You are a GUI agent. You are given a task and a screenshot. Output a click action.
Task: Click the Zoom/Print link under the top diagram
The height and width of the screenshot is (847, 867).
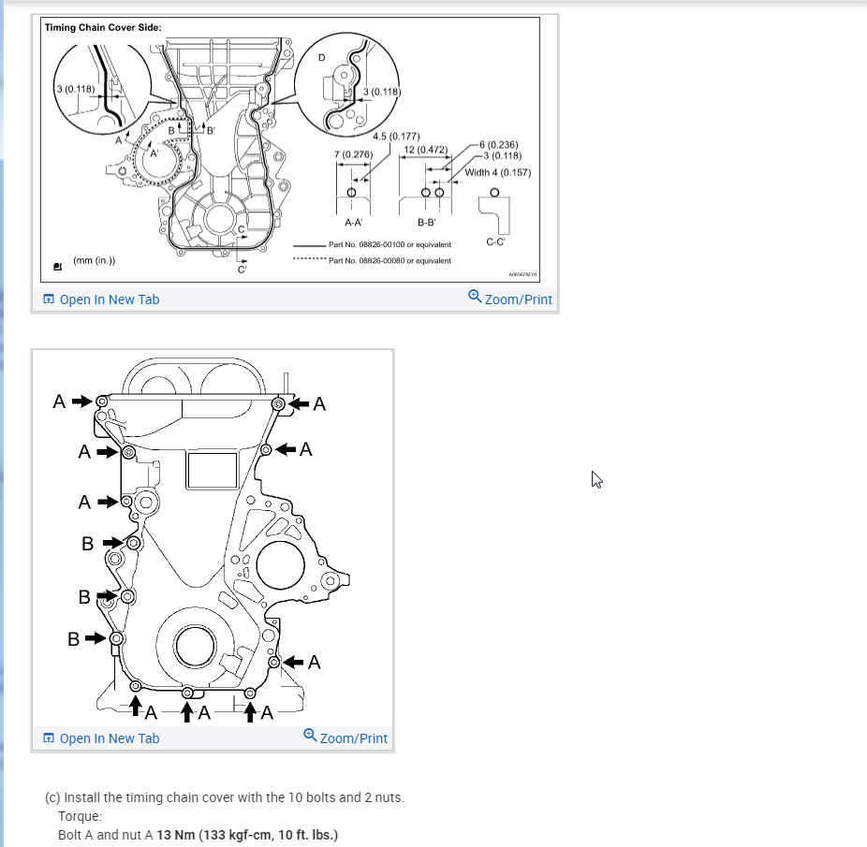510,299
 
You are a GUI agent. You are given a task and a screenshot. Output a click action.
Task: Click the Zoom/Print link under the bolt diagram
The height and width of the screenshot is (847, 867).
345,737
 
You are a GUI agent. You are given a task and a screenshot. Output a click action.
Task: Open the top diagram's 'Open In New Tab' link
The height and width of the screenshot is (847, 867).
101,299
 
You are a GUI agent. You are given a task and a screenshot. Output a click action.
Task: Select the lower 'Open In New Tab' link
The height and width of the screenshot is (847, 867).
101,738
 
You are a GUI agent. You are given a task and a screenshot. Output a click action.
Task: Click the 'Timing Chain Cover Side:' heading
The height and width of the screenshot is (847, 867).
103,27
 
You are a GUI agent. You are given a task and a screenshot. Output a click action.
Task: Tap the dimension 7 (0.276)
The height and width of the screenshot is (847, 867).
353,153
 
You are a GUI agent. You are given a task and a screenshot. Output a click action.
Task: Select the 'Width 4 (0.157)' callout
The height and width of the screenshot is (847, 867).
497,172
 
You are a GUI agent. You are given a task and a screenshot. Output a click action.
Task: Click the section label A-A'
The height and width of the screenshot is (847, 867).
353,223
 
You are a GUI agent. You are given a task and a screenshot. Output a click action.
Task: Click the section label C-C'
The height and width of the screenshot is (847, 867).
496,241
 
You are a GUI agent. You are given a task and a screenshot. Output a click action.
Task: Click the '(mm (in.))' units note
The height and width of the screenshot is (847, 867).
95,261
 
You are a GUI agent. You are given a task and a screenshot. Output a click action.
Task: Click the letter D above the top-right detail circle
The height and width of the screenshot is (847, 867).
322,57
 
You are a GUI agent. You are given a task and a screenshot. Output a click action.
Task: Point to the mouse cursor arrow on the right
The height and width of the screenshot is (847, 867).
595,479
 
